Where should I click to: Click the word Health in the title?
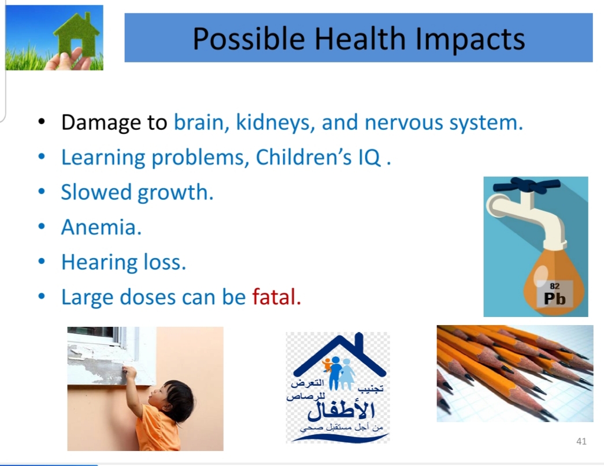tap(360, 39)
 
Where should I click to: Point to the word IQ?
tap(369, 158)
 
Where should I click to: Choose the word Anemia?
tap(101, 227)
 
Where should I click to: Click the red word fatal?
tap(277, 297)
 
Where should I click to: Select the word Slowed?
tap(96, 192)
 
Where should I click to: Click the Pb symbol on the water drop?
tap(555, 298)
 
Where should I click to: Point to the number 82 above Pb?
tap(555, 286)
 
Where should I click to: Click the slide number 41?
tap(581, 441)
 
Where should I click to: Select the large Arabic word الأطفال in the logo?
tap(341, 410)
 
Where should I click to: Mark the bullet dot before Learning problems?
tap(42, 157)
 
